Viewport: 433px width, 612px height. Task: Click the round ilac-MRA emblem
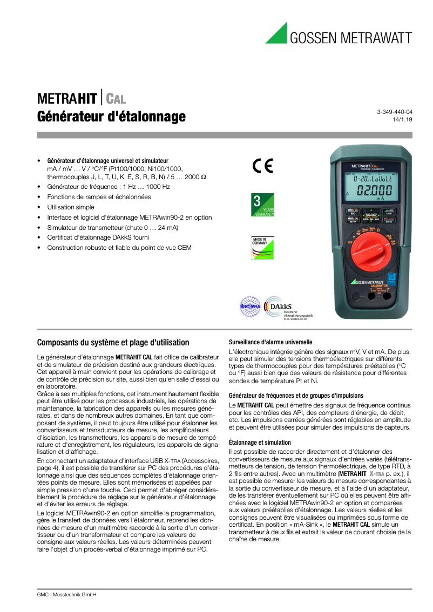click(250, 307)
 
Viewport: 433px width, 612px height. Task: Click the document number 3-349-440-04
click(394, 111)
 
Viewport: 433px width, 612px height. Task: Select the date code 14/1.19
click(403, 120)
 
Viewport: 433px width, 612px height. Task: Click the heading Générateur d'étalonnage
click(111, 117)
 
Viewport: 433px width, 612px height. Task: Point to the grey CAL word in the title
click(116, 99)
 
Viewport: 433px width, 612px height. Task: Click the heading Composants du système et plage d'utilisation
click(113, 342)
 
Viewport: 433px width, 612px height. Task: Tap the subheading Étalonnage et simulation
click(260, 443)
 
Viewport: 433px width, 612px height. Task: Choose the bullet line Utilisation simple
click(71, 207)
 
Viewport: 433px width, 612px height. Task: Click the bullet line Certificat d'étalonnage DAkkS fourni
click(98, 237)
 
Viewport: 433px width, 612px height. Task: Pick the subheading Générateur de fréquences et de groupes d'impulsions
click(296, 396)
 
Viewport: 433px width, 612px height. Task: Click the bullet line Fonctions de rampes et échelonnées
click(99, 197)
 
